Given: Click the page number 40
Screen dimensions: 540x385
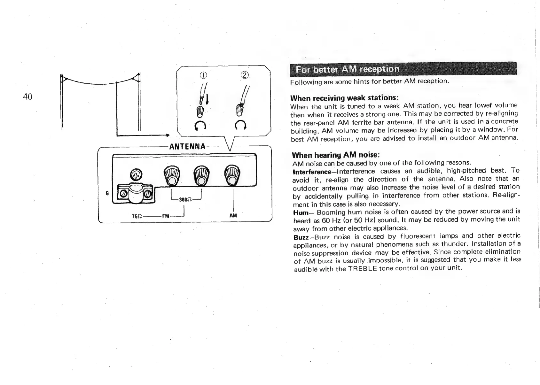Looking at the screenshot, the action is click(28, 96).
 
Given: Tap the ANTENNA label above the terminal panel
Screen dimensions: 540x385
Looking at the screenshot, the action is click(187, 147).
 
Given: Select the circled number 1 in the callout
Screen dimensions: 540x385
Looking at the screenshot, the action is click(202, 76).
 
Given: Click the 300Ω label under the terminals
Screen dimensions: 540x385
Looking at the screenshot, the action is click(185, 199).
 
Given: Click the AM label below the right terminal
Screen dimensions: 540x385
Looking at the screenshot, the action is click(233, 215).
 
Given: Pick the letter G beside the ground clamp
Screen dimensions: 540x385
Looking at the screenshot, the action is click(107, 193).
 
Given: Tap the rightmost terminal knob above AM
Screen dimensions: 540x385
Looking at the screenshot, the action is click(232, 175).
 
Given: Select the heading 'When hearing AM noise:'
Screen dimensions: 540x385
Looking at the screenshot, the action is click(336, 155).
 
